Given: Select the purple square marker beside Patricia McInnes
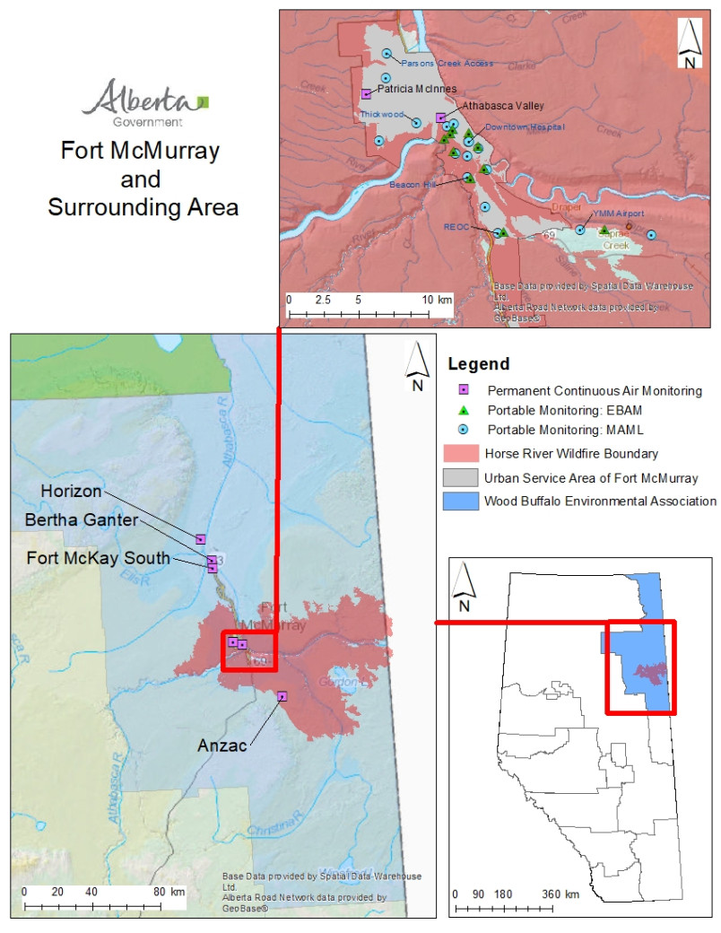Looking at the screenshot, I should coord(366,93).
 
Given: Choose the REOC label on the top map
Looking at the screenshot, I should coord(457,227).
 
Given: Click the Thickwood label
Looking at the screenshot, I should coord(381,115).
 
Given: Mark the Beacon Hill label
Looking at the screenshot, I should coord(412,185).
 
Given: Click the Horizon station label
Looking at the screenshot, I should coord(71,491).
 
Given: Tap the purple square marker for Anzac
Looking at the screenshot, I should coord(282,695).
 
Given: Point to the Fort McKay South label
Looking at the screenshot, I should coord(99,557).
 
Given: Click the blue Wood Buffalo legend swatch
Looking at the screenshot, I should coord(461,501).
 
